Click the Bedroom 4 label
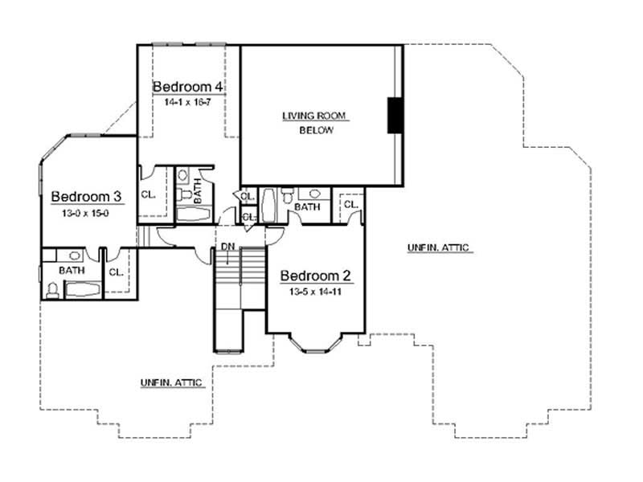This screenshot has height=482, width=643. (x=188, y=86)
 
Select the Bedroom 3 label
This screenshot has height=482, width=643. (x=86, y=197)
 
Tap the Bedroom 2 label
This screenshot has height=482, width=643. (x=314, y=276)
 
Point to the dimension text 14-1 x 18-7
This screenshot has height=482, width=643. (x=187, y=103)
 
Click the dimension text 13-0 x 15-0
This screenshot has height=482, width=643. (x=85, y=213)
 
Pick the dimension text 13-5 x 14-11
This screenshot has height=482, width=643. (x=314, y=292)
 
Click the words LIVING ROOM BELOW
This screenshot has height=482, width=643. (x=314, y=123)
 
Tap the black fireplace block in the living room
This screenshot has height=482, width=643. (x=395, y=115)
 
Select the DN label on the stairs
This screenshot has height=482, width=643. (x=227, y=246)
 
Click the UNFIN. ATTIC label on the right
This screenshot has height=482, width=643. (x=438, y=248)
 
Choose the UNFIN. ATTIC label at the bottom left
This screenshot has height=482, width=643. (x=171, y=383)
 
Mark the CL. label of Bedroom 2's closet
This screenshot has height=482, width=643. (x=350, y=205)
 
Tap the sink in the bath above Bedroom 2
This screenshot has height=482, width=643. (x=314, y=194)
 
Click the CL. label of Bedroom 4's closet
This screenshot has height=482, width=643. (x=148, y=194)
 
